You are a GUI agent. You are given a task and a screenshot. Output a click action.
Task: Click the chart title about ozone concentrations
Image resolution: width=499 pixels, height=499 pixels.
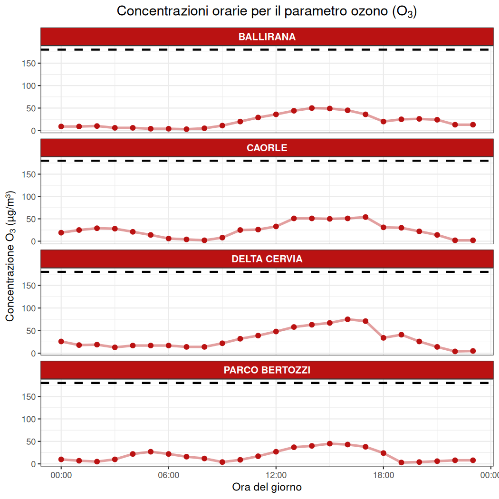coord(267,11)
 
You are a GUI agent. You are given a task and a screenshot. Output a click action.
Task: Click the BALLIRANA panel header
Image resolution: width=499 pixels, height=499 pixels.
coord(267,37)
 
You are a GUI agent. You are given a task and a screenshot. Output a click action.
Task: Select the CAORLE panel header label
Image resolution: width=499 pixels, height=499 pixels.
coord(267,148)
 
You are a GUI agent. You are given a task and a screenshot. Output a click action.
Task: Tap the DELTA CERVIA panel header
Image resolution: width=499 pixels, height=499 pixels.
coord(267,259)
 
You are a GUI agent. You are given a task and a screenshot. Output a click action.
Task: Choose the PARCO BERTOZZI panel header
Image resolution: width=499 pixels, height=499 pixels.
coord(267,370)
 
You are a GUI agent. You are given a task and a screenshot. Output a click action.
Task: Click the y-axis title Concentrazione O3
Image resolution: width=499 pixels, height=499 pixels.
coord(10,256)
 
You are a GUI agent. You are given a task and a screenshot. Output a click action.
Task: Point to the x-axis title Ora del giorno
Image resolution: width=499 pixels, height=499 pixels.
coord(267,487)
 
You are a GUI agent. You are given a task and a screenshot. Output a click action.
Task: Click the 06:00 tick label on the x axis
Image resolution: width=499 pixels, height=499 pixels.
coord(168,474)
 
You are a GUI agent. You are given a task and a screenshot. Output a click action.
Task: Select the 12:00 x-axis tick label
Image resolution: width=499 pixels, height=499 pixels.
coord(276,474)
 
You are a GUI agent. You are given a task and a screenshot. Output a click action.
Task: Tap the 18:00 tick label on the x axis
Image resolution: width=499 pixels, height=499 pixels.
coord(384,474)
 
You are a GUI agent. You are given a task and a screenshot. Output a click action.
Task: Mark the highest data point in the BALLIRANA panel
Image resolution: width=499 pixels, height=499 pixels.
coord(312,108)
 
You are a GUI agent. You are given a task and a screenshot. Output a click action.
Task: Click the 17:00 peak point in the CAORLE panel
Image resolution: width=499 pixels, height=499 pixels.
coord(365,217)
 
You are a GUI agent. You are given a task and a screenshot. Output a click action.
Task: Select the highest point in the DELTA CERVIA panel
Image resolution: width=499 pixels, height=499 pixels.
coord(347,319)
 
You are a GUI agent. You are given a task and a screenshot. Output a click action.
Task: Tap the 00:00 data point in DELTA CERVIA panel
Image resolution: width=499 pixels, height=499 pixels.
coord(61,341)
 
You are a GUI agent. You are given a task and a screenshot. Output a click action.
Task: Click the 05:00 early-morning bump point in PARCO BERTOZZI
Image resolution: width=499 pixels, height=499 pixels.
coord(151,451)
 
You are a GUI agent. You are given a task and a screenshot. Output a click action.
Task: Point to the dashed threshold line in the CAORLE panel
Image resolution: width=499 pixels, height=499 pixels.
coord(267,161)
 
